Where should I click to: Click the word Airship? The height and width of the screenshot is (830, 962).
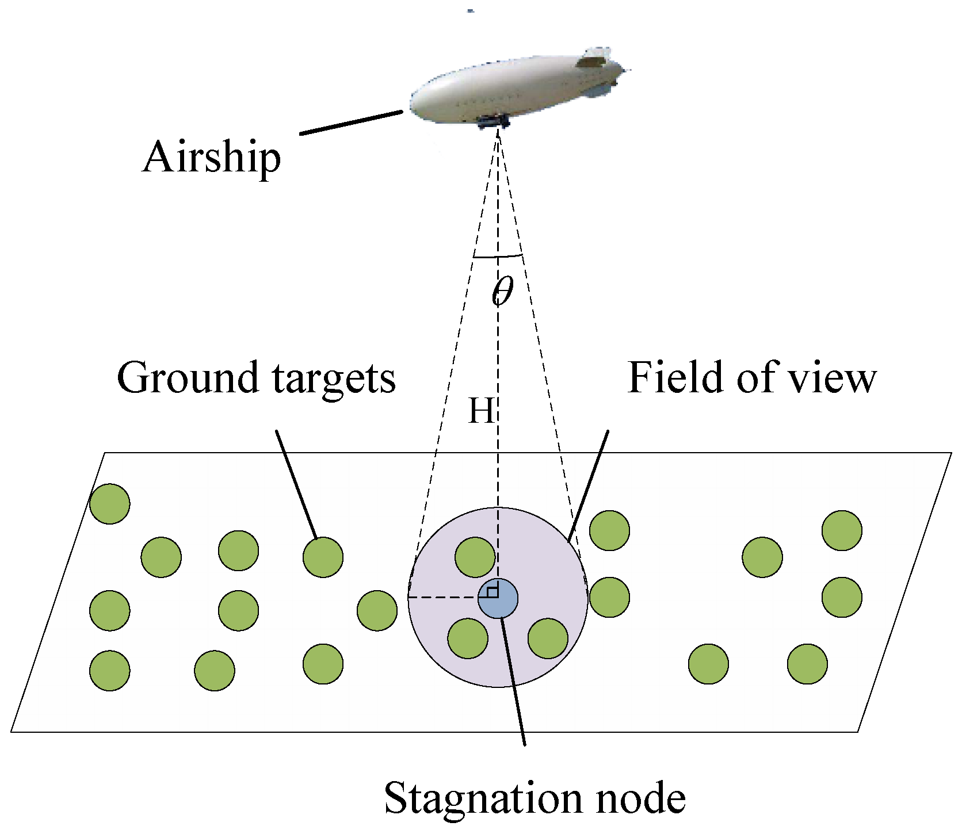click(211, 157)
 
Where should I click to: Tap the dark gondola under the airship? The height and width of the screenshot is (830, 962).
click(493, 121)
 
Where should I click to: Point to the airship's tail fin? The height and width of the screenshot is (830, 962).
click(595, 57)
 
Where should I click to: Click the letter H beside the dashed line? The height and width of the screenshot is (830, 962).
click(480, 411)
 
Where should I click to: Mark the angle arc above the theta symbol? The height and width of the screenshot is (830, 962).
click(498, 256)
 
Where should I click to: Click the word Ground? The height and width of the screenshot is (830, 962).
click(187, 378)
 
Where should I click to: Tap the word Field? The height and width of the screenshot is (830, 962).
click(673, 378)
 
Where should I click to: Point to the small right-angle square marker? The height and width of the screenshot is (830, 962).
click(493, 592)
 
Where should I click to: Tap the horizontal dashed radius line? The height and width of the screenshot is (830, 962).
click(443, 598)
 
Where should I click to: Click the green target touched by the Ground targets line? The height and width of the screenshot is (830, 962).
click(323, 557)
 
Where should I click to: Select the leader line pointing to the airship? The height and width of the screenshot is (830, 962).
click(351, 123)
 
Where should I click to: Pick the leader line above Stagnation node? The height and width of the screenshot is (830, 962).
click(514, 682)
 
